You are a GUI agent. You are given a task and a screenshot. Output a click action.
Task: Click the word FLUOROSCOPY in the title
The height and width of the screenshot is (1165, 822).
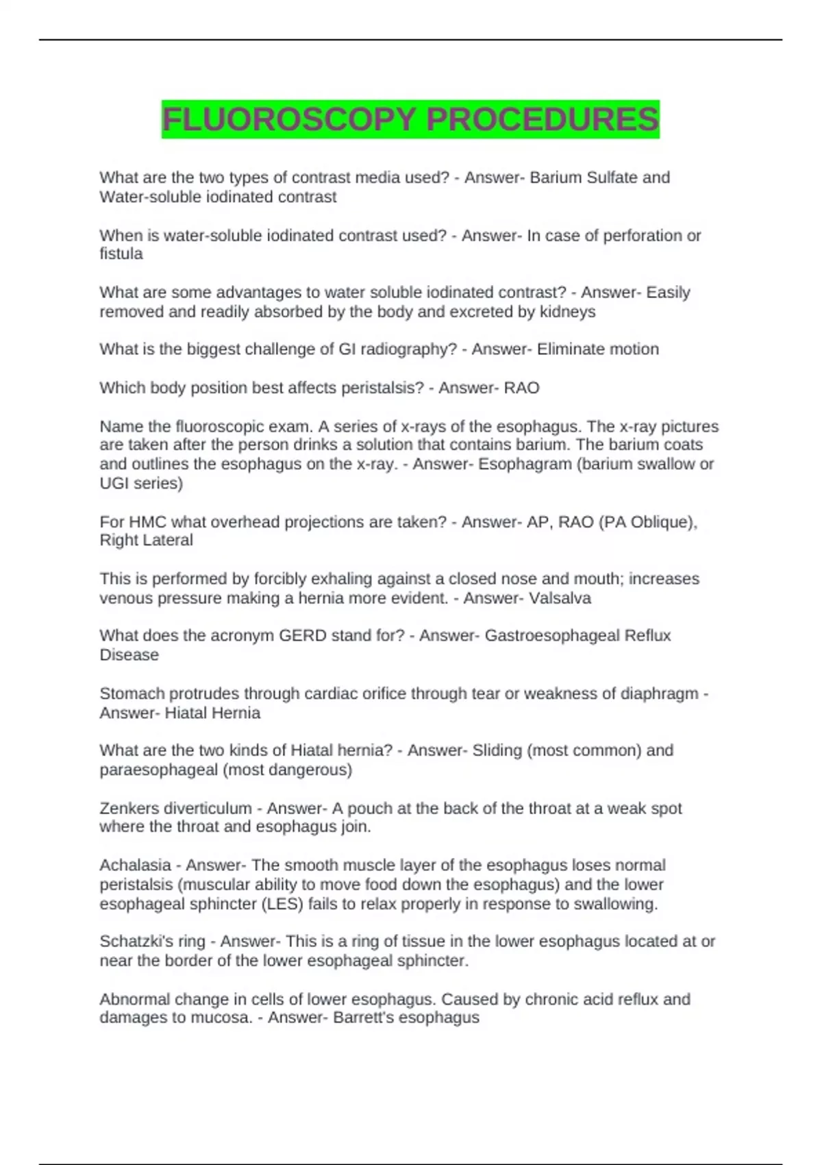(288, 120)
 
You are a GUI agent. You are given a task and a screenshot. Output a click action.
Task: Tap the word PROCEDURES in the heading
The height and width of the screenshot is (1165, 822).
(542, 120)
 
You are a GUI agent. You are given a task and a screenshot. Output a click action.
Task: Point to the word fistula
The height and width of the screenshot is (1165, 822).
(121, 254)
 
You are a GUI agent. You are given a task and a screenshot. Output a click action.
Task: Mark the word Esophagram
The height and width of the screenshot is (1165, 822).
(525, 464)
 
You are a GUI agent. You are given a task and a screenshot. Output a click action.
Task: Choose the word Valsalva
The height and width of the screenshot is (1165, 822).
(560, 598)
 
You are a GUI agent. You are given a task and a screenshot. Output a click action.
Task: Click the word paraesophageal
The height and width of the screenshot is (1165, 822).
(159, 770)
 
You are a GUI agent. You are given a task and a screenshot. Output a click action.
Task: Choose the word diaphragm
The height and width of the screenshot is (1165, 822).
(659, 694)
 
